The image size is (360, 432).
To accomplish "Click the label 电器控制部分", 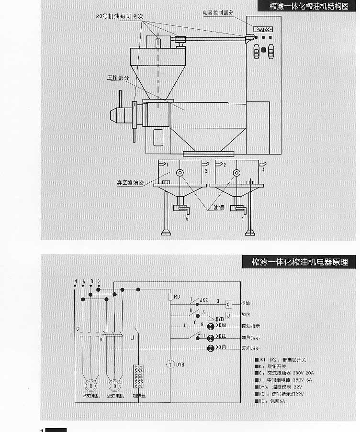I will [218, 12].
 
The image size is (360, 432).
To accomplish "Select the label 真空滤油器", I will [130, 182].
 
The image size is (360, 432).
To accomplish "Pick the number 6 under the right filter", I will [242, 219].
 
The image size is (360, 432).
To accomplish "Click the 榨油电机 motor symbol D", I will [89, 385].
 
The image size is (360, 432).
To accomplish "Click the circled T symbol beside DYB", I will [169, 365].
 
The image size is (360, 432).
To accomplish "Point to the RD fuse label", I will [177, 297].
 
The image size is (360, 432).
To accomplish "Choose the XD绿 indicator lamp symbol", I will [210, 326].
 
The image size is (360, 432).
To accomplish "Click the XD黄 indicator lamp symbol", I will [210, 347].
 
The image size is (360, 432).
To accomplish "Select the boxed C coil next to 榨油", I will [229, 304].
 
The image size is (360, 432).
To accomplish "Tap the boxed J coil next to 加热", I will [229, 315].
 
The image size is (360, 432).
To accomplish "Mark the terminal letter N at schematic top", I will [75, 281].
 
